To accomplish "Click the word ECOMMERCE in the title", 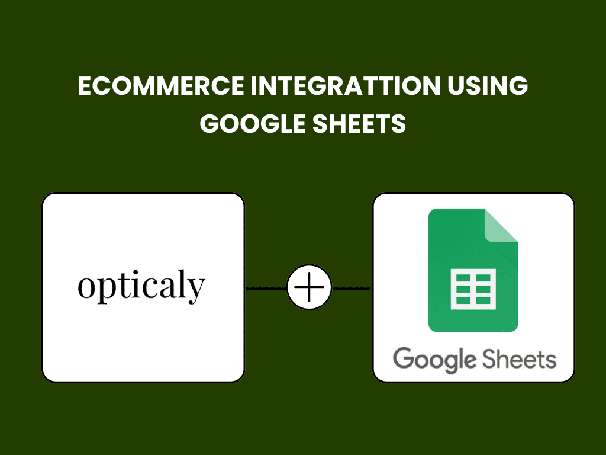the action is [x=161, y=85].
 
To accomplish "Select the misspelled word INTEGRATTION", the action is [x=346, y=85].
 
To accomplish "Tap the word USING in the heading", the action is [x=488, y=85].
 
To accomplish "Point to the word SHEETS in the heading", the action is [x=359, y=123].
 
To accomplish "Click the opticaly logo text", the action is [x=141, y=286].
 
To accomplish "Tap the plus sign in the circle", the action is [x=309, y=287].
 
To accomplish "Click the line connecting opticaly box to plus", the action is [x=266, y=289].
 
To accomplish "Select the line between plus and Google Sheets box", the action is [x=352, y=289].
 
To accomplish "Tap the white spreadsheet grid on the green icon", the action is [x=473, y=289].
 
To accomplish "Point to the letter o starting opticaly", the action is [x=86, y=287].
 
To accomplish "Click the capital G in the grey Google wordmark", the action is [x=404, y=358].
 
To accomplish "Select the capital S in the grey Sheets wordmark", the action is [x=489, y=358].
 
